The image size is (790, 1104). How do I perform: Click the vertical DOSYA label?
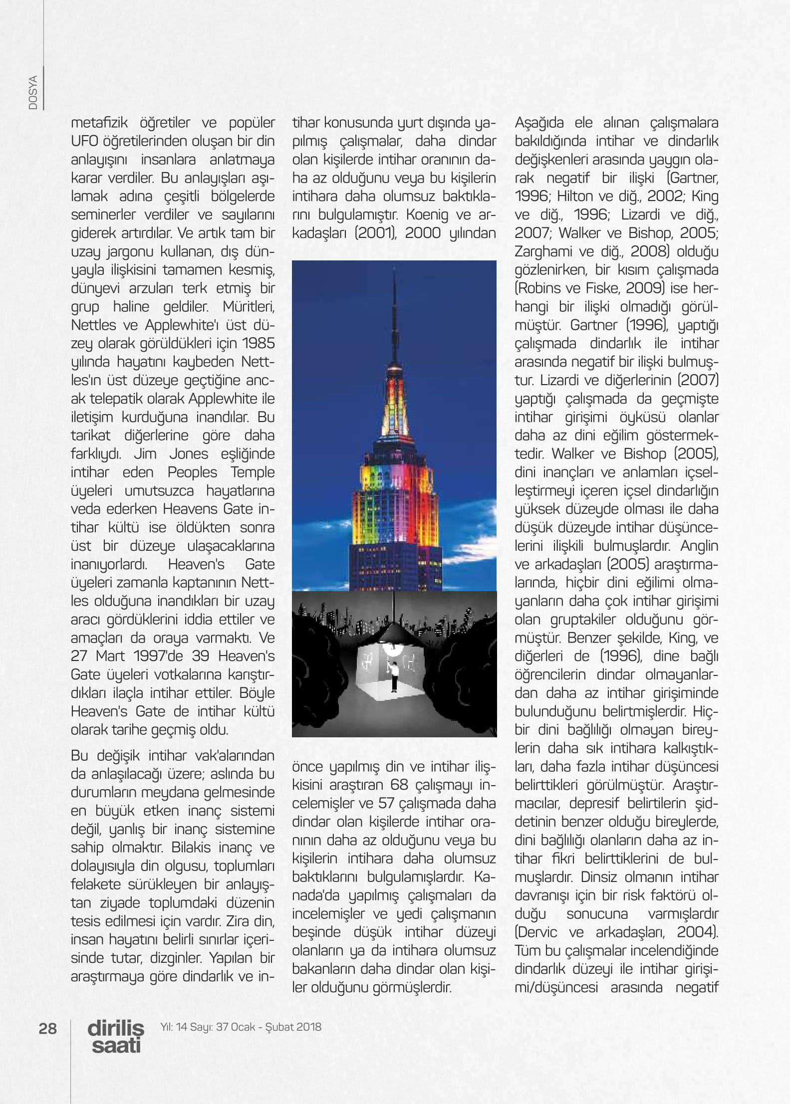tap(33, 92)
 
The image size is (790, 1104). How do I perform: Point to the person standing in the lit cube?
tap(394, 677)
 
